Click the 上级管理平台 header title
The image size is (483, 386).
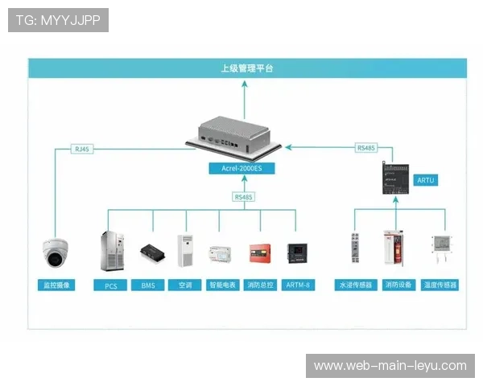tap(247, 68)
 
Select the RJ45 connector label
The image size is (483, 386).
tap(83, 149)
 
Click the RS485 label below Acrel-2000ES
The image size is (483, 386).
tap(243, 196)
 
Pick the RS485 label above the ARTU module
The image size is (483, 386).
tap(366, 148)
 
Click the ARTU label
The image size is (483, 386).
tap(425, 180)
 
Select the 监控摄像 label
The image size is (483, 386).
tap(56, 285)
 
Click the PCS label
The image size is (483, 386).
tap(110, 285)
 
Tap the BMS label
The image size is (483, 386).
tap(148, 285)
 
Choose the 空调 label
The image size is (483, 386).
tap(185, 285)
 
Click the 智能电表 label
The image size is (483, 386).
tap(222, 285)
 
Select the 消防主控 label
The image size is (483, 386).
tap(260, 285)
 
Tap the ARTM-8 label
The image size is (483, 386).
tap(298, 285)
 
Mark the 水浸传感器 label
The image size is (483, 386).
tap(354, 285)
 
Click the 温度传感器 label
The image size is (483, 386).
tap(440, 285)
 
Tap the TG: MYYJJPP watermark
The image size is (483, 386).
tap(57, 20)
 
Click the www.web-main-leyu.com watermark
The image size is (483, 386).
tap(390, 366)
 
